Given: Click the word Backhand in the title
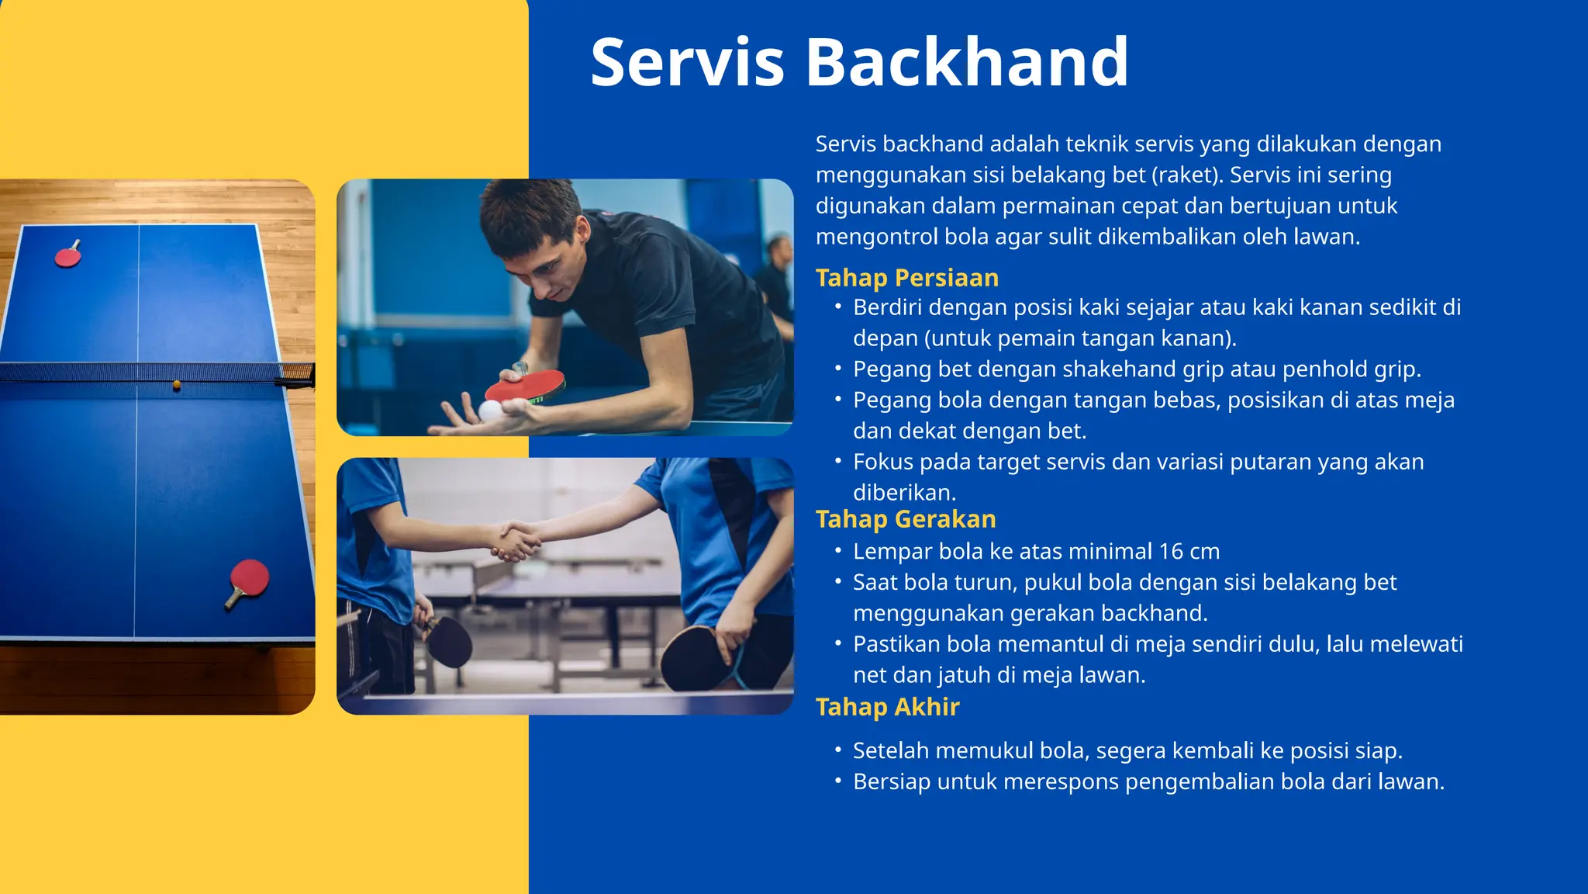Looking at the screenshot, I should click(x=967, y=62).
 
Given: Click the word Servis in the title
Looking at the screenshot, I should click(x=687, y=62).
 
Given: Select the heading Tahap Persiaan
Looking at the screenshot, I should click(x=906, y=278).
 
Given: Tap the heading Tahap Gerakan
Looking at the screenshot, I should click(x=905, y=519).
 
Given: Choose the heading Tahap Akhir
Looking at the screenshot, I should click(x=887, y=707).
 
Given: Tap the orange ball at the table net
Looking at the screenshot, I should click(x=177, y=384).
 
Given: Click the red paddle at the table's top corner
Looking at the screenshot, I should click(x=67, y=256).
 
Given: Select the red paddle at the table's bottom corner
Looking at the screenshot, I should click(x=250, y=579).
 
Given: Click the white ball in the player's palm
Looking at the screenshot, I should click(x=490, y=410).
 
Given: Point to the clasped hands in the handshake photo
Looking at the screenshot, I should click(x=516, y=539).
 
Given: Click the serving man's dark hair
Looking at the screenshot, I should click(x=527, y=210).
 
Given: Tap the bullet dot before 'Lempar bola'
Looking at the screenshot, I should click(x=837, y=551).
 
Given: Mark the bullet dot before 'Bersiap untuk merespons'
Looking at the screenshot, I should click(x=837, y=781).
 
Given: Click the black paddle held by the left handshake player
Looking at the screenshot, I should click(x=449, y=641).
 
